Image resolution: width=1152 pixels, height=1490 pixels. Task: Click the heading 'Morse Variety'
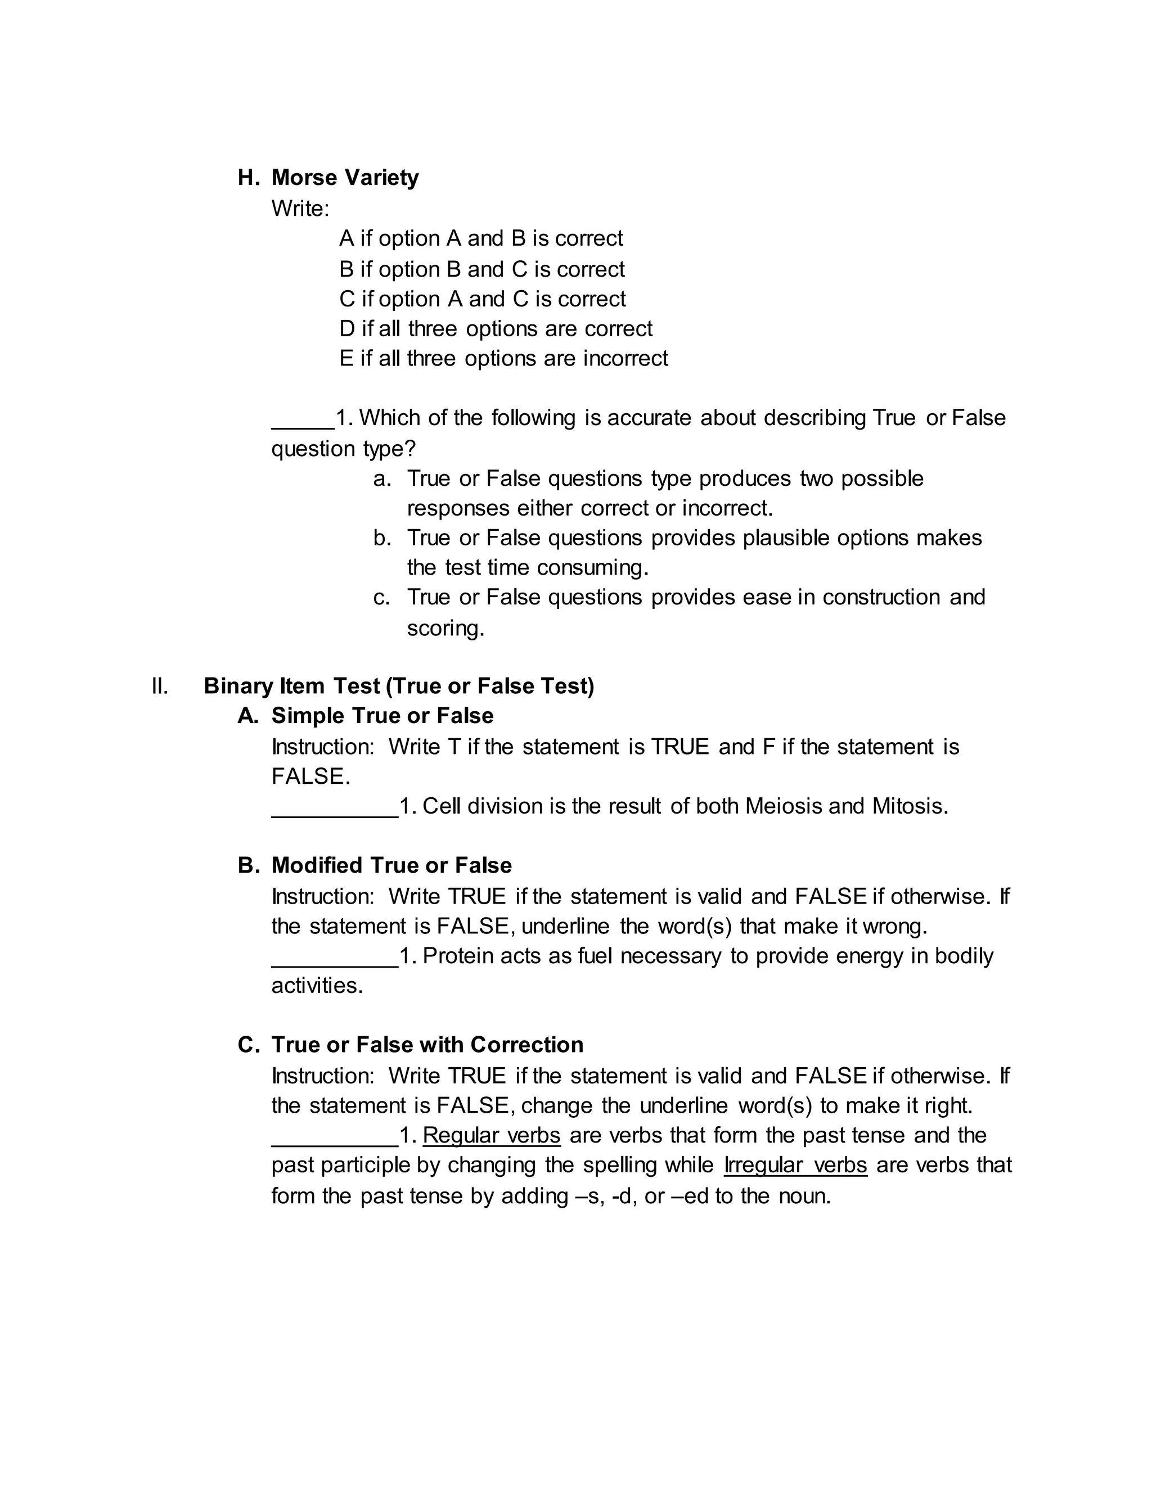click(345, 177)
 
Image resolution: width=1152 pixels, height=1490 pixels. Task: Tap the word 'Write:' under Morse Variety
click(300, 208)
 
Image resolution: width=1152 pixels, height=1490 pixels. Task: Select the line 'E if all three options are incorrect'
click(503, 358)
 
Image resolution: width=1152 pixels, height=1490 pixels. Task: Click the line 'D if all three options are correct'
click(496, 328)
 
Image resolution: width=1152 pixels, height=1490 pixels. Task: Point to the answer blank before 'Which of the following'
click(302, 419)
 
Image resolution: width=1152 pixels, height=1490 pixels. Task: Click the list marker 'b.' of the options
click(382, 538)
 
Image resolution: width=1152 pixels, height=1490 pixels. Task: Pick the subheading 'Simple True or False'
click(382, 716)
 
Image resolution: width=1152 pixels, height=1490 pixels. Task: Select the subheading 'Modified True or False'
click(391, 865)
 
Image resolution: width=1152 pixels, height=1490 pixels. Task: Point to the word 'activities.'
click(317, 986)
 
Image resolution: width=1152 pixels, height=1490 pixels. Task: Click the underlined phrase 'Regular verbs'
click(492, 1135)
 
